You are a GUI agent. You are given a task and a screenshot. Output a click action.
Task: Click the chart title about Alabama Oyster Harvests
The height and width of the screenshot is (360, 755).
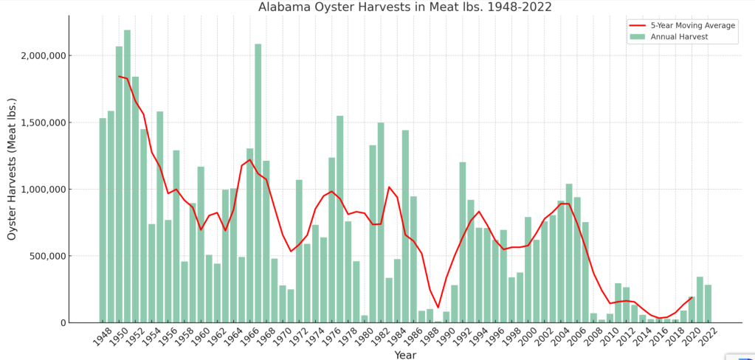[404, 7]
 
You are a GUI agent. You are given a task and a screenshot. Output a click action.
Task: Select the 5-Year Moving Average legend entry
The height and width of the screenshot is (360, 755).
[692, 25]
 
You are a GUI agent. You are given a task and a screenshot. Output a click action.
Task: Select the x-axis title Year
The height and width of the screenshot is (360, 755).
[404, 355]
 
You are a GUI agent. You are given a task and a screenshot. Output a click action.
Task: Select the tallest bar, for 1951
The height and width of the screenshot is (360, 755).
[127, 177]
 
